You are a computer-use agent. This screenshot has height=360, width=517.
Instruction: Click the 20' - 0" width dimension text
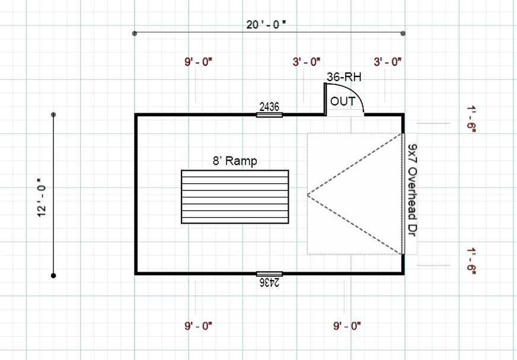[266, 24]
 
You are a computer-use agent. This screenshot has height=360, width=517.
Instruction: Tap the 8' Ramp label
[235, 161]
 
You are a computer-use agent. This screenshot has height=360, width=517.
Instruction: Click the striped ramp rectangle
[235, 197]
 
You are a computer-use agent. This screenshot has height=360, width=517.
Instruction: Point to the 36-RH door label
[344, 77]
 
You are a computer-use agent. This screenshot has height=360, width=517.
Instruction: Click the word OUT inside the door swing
[343, 101]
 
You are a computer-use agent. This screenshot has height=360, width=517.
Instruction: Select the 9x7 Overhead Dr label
[413, 193]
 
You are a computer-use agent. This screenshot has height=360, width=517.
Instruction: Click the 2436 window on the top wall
[269, 114]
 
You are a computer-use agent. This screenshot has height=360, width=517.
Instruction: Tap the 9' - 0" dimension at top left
[199, 61]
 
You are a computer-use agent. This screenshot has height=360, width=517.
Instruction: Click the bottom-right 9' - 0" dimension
[347, 326]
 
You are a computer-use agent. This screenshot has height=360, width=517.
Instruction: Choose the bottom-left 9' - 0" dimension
[199, 326]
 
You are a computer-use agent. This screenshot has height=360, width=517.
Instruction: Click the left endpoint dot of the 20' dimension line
[135, 33]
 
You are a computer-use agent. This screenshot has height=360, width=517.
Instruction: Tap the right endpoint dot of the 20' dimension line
[403, 33]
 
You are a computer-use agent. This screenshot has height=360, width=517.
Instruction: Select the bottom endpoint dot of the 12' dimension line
[53, 275]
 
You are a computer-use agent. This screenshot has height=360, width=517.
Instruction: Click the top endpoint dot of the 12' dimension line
[53, 114]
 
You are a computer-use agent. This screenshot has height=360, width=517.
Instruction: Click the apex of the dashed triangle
[308, 195]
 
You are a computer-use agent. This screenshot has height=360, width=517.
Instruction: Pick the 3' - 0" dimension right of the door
[388, 61]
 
